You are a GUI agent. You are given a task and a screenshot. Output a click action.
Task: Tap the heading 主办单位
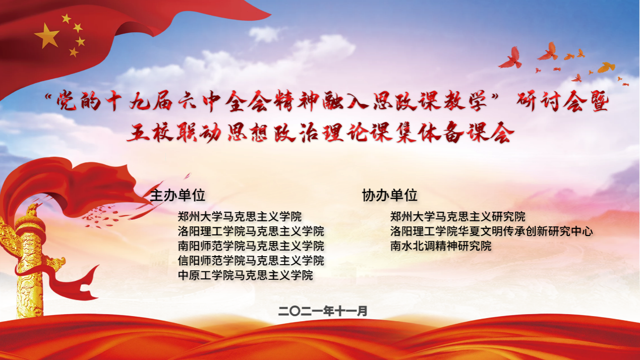[178, 196]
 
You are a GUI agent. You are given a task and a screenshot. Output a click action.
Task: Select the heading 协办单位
[390, 196]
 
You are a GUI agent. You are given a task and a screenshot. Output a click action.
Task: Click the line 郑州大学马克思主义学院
[240, 217]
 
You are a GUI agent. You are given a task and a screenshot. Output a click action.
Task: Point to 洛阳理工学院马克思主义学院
[251, 231]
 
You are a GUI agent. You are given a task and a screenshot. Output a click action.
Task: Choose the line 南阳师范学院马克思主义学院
[251, 246]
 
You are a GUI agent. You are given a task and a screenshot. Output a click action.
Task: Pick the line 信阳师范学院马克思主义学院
[251, 261]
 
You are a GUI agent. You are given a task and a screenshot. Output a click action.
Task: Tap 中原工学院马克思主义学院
[246, 275]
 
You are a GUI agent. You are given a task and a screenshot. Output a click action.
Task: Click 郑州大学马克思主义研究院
[458, 217]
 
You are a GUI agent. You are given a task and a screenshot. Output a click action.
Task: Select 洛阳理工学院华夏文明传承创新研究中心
[491, 231]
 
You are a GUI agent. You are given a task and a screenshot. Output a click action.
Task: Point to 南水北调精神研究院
[441, 246]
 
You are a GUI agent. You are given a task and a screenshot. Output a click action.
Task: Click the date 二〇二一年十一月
[323, 311]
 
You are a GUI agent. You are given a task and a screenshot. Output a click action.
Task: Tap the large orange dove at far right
[606, 68]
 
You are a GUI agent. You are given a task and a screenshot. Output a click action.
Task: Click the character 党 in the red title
[66, 101]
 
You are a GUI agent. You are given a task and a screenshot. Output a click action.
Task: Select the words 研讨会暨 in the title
[563, 101]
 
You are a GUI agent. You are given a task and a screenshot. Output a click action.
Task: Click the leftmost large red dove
[510, 58]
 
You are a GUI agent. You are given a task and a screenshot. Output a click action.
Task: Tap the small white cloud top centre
[264, 34]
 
